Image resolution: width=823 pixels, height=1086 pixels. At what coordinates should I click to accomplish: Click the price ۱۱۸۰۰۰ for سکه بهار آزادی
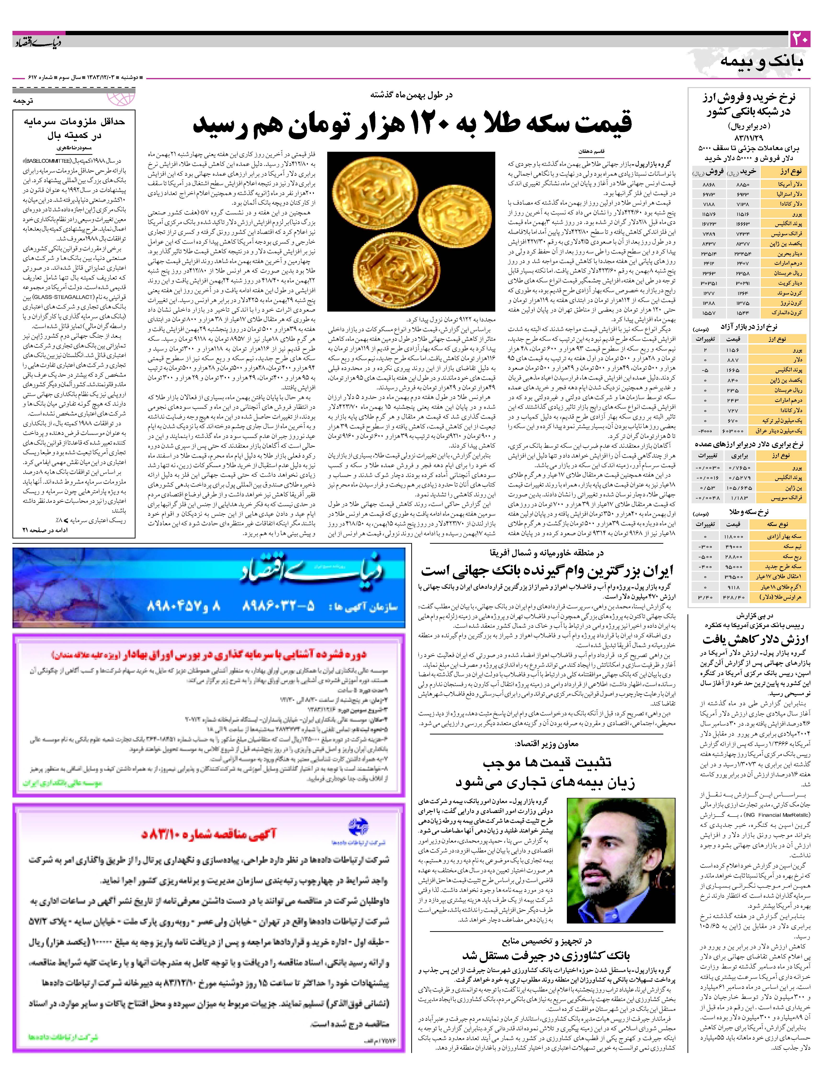click(x=733, y=537)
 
